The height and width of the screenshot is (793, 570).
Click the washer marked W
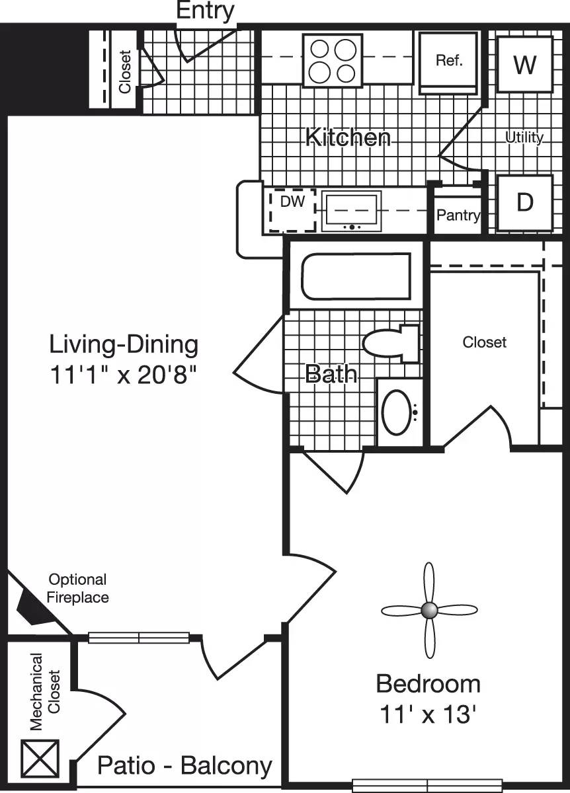point(524,65)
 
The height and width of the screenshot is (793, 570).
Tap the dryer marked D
point(524,203)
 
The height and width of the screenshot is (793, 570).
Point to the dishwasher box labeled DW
point(292,209)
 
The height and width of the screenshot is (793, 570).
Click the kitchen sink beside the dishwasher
point(351,210)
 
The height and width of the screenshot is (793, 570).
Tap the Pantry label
point(458,215)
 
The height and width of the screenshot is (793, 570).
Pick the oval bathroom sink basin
point(396,412)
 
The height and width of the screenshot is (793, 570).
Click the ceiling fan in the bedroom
point(429,610)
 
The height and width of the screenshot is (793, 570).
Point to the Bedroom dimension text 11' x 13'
point(428,714)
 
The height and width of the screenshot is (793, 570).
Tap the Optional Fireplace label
point(78,588)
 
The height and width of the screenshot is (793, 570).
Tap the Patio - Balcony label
point(184,766)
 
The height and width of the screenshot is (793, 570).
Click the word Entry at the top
point(205,11)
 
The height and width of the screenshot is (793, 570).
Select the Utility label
point(524,137)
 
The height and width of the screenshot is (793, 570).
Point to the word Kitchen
point(348,137)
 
